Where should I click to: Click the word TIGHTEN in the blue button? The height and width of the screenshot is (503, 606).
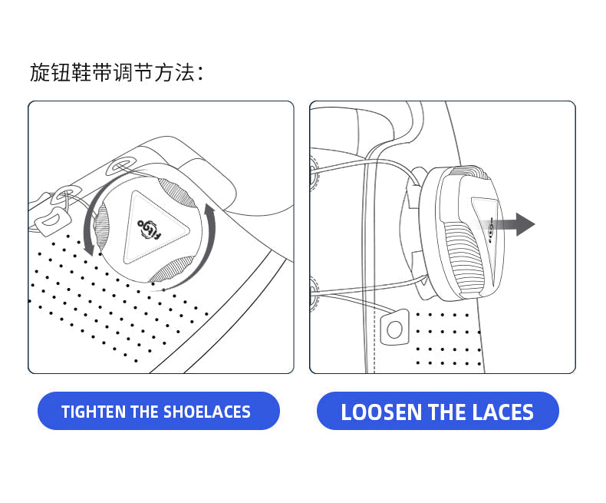[94, 412]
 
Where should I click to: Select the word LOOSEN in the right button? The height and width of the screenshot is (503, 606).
[381, 412]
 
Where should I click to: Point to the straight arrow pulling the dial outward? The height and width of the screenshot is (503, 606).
[506, 224]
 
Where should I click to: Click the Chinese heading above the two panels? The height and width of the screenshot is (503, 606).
[117, 72]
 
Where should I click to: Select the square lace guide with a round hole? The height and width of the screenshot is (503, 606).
[394, 328]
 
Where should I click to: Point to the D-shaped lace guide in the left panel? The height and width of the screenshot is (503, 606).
[53, 221]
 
